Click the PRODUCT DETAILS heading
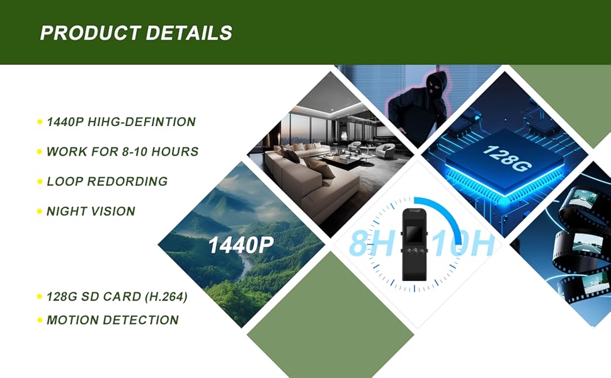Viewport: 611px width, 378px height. coord(136,33)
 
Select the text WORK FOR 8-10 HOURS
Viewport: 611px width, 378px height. coord(123,152)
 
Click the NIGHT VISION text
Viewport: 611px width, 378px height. coord(91,212)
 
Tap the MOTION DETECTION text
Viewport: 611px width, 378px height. coord(113,320)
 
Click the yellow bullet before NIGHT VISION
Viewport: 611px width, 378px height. coord(40,212)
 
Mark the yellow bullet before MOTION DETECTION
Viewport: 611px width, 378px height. coord(40,320)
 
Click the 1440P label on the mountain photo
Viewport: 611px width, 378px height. coord(240,244)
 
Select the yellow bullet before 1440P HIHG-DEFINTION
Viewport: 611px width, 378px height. coord(40,122)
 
